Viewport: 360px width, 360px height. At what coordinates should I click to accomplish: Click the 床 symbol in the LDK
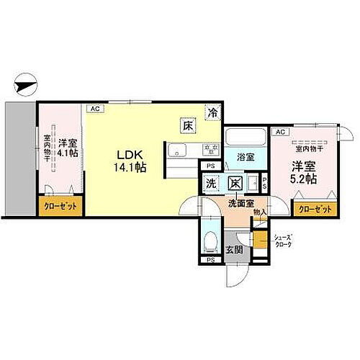pos(187,125)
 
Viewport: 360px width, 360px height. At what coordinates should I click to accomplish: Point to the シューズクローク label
pos(282,241)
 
